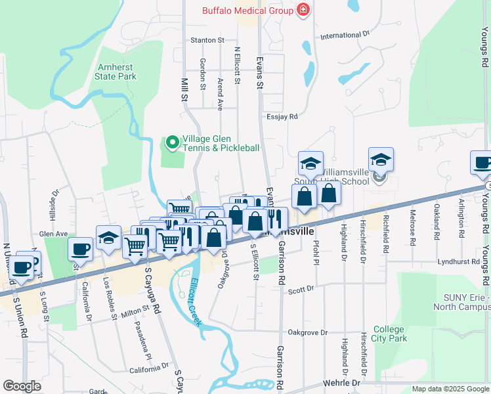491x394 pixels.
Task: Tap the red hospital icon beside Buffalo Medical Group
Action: point(303,10)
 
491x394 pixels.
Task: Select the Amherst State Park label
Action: point(117,72)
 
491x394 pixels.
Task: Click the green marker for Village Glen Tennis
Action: point(172,141)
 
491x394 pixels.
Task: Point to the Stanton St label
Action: point(207,40)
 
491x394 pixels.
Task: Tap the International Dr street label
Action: point(345,34)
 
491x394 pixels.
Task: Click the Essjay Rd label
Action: point(282,116)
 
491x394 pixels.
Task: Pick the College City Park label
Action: point(390,334)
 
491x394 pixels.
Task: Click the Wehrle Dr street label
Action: point(342,382)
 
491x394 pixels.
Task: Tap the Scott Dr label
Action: point(301,288)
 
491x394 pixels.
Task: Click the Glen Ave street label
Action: point(54,233)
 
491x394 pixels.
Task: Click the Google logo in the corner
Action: point(22,385)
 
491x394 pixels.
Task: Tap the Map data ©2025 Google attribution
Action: point(450,389)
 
